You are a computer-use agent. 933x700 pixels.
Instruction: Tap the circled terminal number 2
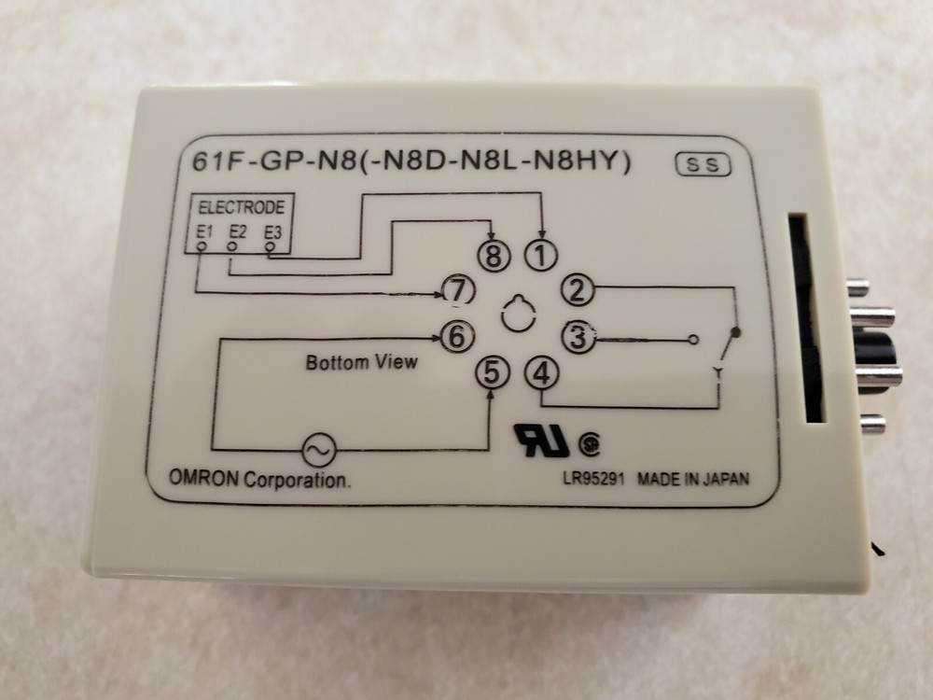(579, 290)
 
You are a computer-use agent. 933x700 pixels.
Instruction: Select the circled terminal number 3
(579, 337)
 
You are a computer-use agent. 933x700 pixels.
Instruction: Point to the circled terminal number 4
(541, 373)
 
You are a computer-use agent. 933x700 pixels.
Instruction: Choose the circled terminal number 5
(493, 372)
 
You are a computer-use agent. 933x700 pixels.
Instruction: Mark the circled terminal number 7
(456, 291)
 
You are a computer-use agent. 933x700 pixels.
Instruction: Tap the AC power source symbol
(316, 450)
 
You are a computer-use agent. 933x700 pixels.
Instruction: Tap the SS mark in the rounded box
(702, 165)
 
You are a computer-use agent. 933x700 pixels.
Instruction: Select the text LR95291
(590, 480)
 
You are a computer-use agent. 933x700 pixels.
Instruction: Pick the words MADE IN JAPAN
(692, 480)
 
